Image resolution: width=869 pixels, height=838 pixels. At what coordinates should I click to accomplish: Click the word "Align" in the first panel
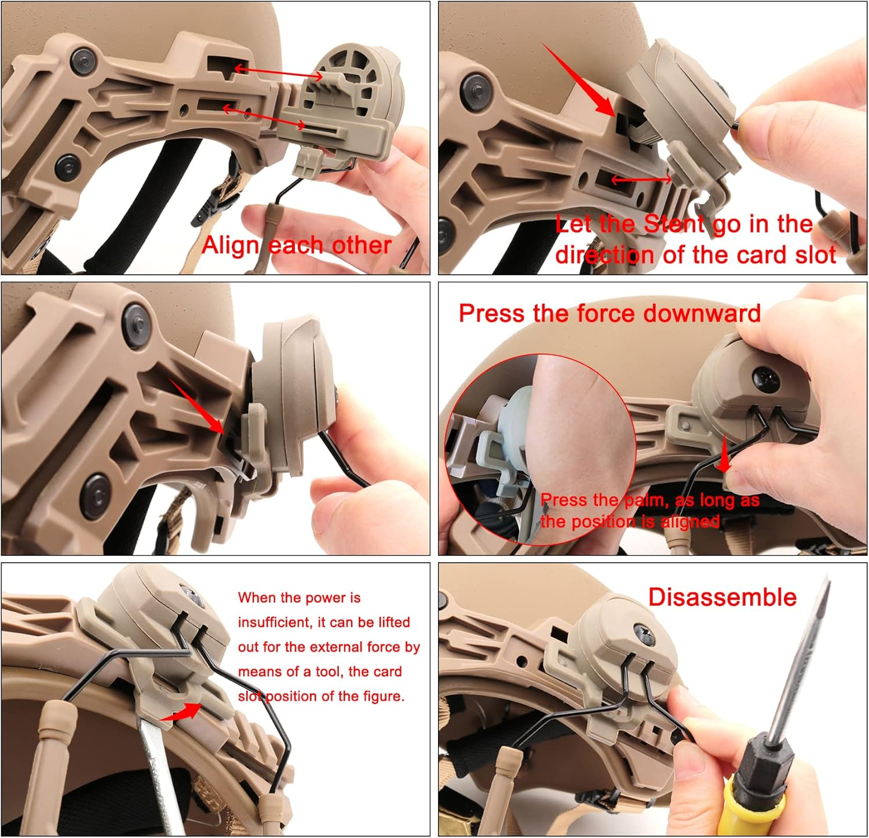coord(231,246)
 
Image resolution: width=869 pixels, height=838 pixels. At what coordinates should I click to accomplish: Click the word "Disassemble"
coord(722,597)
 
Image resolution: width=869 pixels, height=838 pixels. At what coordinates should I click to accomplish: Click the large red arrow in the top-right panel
coord(579,81)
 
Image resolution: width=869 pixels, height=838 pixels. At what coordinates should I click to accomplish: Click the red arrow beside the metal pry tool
coord(181,713)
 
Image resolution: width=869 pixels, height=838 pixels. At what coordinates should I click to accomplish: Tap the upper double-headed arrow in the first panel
coord(278,72)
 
